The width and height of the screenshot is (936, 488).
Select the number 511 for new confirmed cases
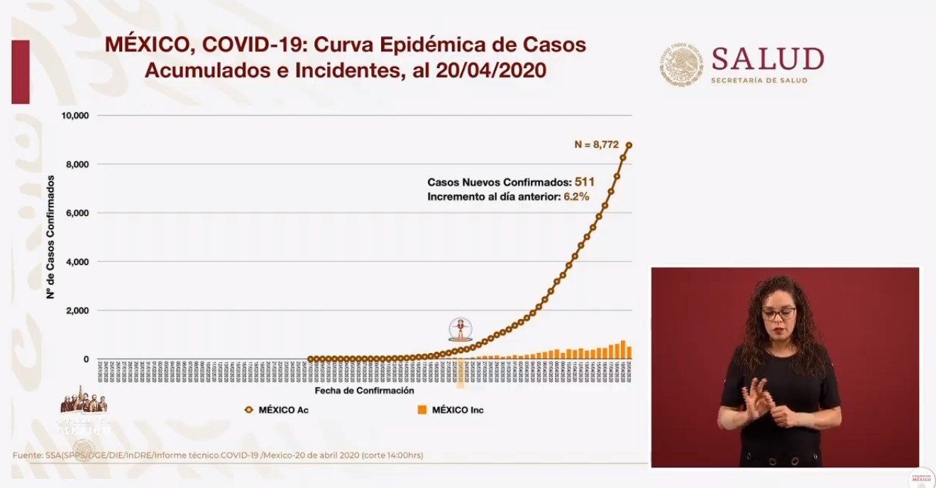coord(584,182)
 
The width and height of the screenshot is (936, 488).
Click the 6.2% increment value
coord(576,197)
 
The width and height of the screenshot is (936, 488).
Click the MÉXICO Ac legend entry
coord(277,410)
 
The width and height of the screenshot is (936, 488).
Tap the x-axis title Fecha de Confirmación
coord(363,391)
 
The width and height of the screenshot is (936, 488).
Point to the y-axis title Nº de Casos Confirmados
coord(51,237)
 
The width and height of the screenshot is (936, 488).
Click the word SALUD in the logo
coord(767,60)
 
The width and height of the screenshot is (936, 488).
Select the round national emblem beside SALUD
coord(681,65)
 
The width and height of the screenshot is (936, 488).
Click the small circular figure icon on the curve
coord(460,329)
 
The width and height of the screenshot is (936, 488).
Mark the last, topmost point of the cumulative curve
coord(629,145)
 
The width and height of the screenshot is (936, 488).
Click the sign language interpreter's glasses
coord(778,313)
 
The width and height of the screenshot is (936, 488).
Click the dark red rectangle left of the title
coord(21,72)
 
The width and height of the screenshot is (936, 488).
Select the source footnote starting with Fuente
coord(218,455)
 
